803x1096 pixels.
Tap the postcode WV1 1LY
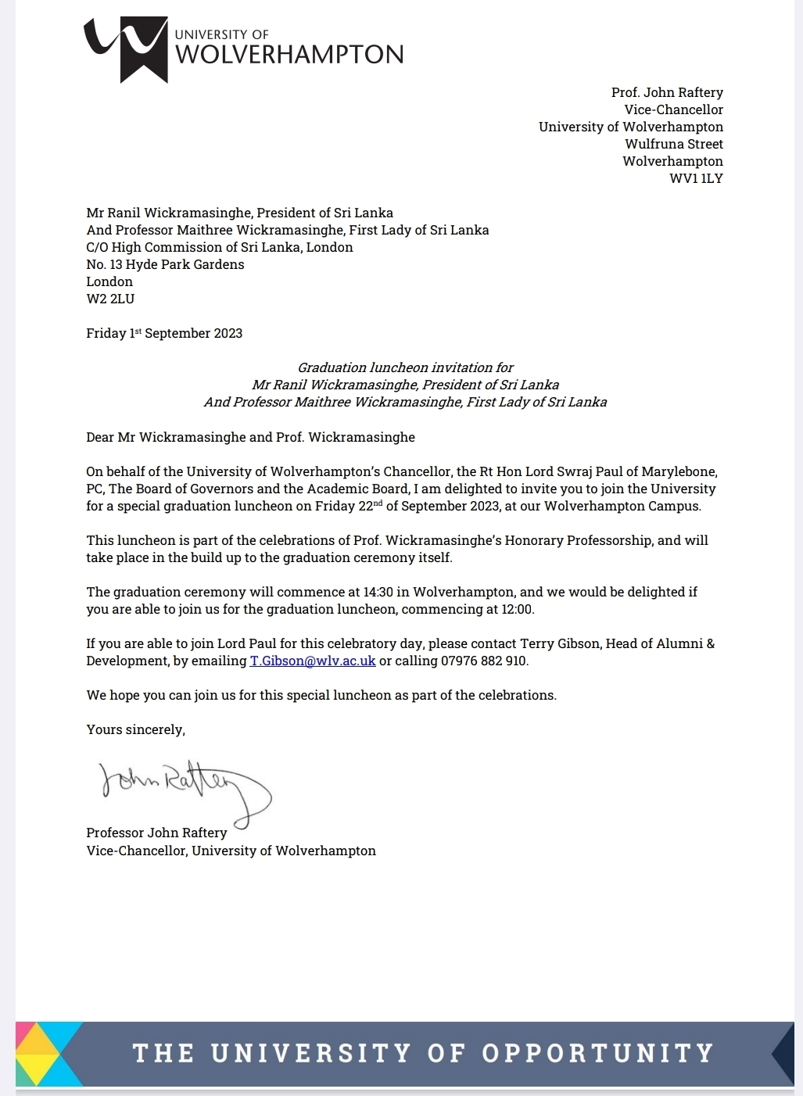[x=696, y=178]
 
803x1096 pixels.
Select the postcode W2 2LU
[x=110, y=299]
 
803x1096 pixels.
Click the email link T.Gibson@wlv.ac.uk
[x=313, y=661]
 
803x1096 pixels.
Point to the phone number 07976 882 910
[x=484, y=661]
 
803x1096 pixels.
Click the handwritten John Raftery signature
[x=185, y=785]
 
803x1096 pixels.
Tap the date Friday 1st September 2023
[x=164, y=333]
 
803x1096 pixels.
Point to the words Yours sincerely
[x=135, y=729]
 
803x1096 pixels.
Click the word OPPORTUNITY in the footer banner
[x=597, y=1053]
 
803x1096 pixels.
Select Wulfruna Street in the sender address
[x=674, y=144]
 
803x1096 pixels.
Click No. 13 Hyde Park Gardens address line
[x=165, y=264]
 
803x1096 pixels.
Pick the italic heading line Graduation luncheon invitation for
[x=405, y=367]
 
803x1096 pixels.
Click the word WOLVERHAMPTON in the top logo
[x=289, y=55]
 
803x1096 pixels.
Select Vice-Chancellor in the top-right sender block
[x=673, y=109]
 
